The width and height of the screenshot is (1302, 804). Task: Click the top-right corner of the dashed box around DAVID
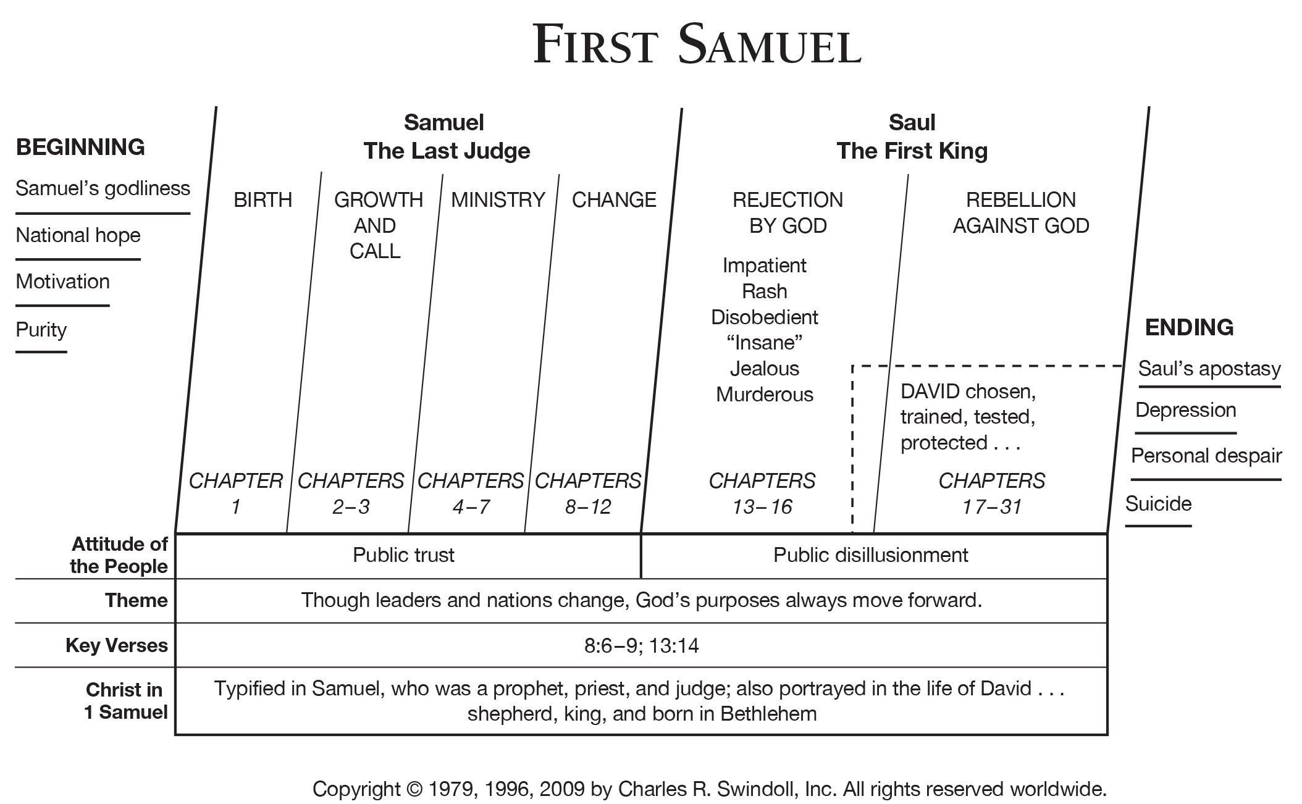point(1123,366)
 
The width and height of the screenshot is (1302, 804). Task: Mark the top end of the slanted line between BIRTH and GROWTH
point(322,172)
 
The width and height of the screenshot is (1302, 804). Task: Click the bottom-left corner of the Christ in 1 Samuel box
point(175,734)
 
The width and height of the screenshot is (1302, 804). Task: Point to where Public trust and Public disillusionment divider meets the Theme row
point(641,579)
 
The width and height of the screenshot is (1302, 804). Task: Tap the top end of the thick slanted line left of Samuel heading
point(216,107)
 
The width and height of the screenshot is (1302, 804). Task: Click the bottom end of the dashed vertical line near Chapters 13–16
point(852,532)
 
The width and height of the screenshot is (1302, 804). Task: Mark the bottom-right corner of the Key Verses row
point(1107,667)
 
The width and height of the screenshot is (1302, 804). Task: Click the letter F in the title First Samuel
point(547,44)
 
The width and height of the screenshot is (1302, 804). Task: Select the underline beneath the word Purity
point(41,352)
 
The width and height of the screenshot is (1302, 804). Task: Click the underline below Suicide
point(1158,526)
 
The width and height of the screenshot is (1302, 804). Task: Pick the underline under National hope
point(78,259)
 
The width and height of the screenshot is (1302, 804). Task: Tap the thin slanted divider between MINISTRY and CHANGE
point(542,353)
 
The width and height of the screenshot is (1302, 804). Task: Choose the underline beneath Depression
point(1186,433)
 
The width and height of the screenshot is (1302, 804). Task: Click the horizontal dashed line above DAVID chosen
point(988,366)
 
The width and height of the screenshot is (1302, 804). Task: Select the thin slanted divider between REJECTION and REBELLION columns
point(891,353)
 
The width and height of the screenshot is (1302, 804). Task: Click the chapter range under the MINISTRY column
point(471,507)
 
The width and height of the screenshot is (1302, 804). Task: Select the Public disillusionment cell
point(871,555)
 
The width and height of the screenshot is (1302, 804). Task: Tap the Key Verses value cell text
point(641,646)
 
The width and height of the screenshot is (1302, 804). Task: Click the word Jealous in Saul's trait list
point(765,369)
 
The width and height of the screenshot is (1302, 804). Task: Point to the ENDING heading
point(1189,327)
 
